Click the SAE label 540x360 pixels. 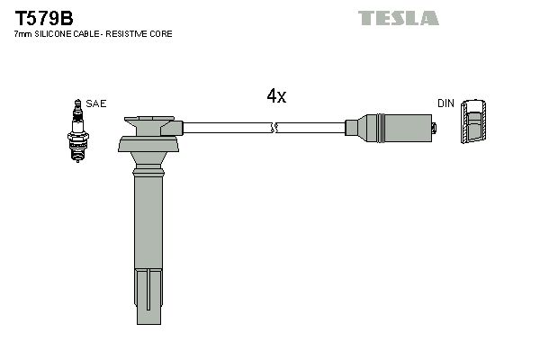(x=96, y=104)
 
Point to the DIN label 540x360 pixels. (x=445, y=104)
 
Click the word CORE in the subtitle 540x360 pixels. (x=163, y=34)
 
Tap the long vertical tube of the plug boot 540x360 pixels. (x=149, y=225)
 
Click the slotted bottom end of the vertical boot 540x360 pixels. (x=149, y=301)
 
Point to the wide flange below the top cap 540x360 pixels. (x=149, y=145)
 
